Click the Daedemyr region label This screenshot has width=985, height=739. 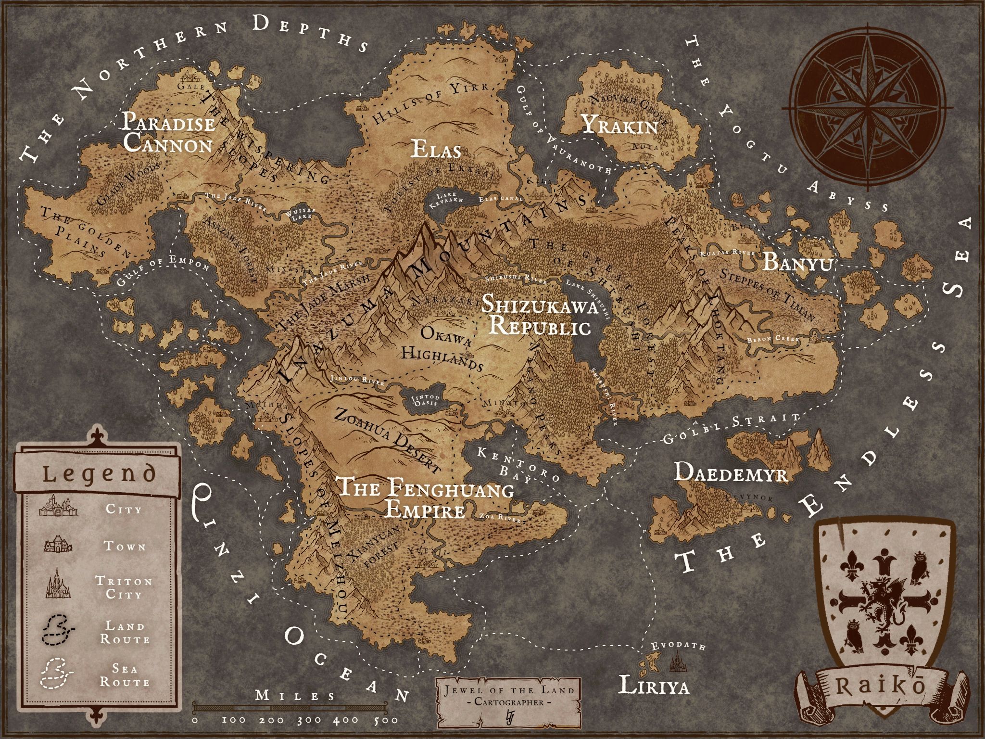point(730,472)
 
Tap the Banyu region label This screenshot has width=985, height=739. point(797,263)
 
